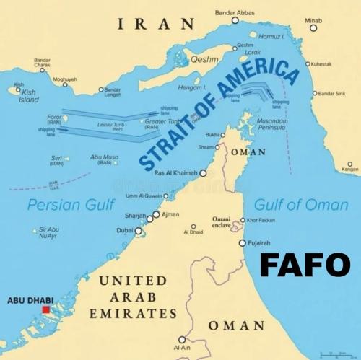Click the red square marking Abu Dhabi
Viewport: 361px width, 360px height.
point(46,309)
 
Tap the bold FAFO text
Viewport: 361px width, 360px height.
point(304,265)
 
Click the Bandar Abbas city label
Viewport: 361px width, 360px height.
point(235,12)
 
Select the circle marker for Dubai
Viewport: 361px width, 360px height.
point(139,231)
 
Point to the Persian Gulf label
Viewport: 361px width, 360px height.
point(71,205)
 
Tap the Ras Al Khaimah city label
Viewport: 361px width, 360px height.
point(176,173)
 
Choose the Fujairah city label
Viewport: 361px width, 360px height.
point(259,243)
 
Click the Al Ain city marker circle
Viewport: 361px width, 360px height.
point(182,339)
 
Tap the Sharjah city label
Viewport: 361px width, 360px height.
point(136,216)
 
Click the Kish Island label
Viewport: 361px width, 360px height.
point(29,96)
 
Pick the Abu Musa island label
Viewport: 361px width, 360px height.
point(105,159)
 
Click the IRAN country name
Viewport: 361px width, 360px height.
point(156,25)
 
